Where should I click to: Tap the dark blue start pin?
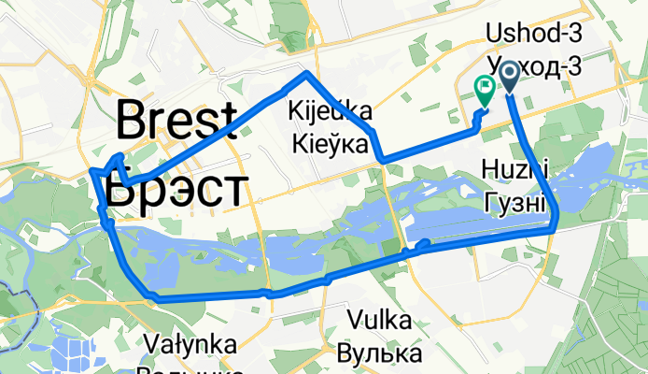click(511, 75)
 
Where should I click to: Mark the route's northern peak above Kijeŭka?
click(305, 73)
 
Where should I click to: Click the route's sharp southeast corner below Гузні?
click(555, 227)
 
